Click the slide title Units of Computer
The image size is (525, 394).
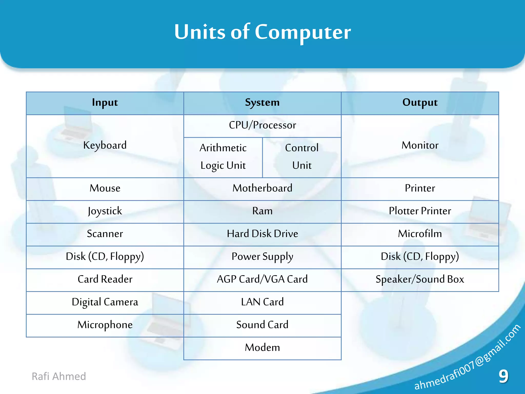(262, 32)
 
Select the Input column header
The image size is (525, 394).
(105, 103)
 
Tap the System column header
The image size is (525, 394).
(262, 103)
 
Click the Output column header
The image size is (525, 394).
(420, 103)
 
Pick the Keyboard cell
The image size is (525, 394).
(105, 145)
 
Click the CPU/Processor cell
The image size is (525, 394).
(262, 125)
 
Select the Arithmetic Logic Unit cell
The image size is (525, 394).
(223, 156)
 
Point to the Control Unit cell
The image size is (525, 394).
(302, 156)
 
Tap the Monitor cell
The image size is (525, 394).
(420, 145)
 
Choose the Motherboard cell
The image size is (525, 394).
(262, 188)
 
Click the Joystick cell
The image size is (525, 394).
(105, 211)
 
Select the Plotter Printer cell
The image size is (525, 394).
(420, 211)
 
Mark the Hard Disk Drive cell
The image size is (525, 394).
(262, 234)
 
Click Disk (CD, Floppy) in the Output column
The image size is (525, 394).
(420, 257)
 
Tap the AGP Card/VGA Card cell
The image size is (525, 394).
(262, 279)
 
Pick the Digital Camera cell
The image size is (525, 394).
(105, 302)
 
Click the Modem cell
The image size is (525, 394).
(262, 348)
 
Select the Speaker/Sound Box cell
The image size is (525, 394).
(420, 279)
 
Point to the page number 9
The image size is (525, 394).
(503, 376)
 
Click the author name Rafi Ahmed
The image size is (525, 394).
(59, 376)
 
